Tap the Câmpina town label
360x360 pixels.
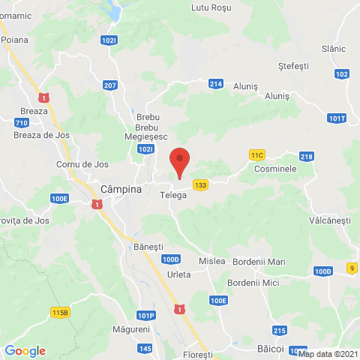click(x=121, y=190)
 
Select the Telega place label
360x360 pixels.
click(x=174, y=194)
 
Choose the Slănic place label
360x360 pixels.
click(x=333, y=48)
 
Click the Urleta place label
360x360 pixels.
click(x=179, y=274)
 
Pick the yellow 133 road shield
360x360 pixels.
click(x=200, y=184)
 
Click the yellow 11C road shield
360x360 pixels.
click(x=257, y=154)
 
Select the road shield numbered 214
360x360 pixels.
click(x=216, y=84)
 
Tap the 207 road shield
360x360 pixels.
click(x=110, y=85)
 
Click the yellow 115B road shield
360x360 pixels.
click(x=60, y=312)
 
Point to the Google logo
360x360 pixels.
click(x=25, y=351)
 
